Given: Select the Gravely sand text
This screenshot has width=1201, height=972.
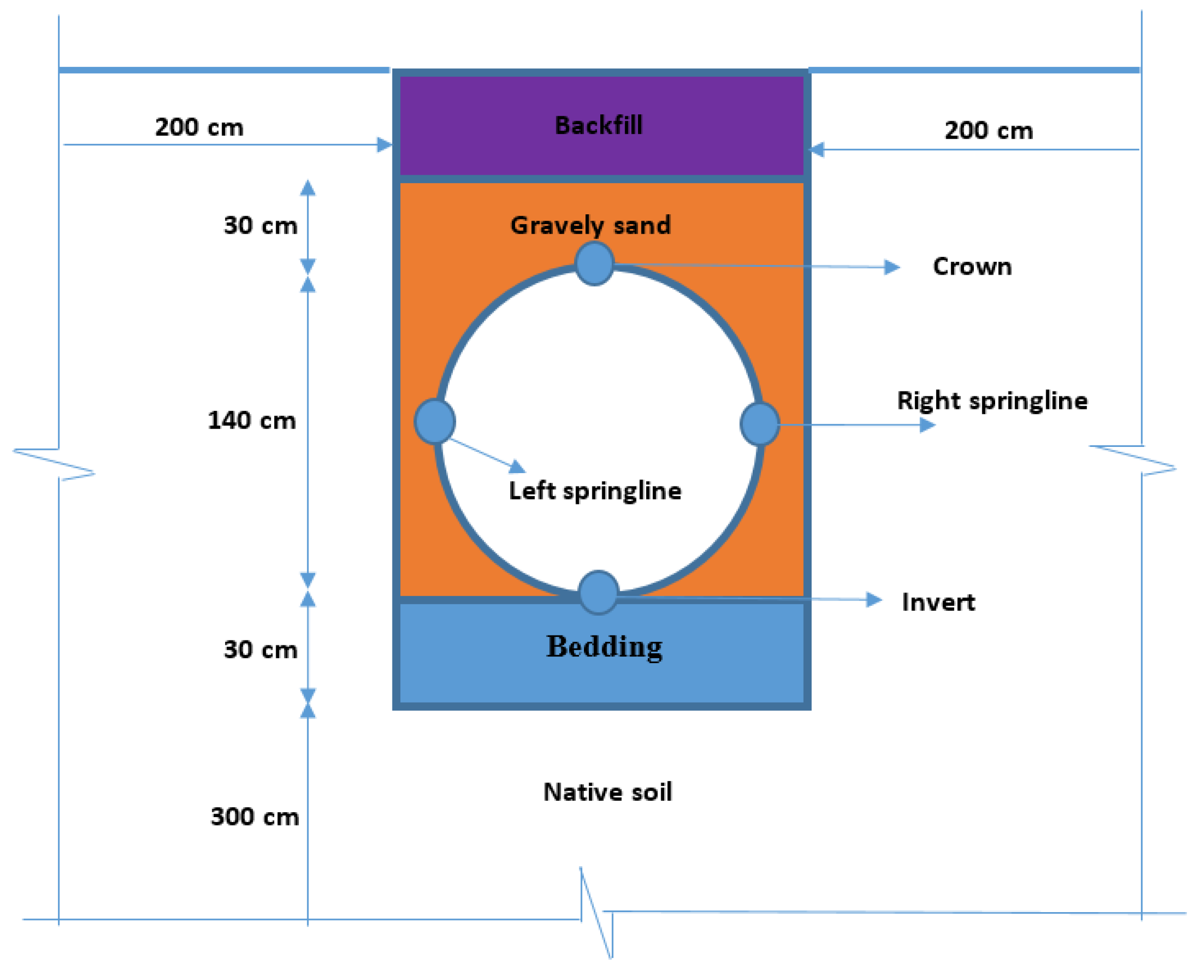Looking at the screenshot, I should point(590,225).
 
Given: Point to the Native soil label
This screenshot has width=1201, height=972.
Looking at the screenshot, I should point(608,792).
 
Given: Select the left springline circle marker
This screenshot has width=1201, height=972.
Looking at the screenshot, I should point(434,421).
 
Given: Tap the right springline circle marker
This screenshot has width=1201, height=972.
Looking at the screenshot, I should point(759,424).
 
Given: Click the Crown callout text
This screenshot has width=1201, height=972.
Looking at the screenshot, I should point(972,267).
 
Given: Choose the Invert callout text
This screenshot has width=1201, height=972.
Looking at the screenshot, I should point(938,602).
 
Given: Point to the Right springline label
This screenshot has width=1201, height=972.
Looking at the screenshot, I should point(992,401).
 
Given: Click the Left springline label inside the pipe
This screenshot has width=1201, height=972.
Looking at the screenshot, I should point(595,491).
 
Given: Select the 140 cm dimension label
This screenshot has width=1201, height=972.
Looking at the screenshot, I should point(251,421).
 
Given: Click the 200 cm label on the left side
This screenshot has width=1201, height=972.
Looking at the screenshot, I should point(199,127).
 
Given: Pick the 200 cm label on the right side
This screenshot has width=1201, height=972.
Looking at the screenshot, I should point(989,131).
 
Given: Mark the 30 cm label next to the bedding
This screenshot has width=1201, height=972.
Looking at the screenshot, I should point(260,649).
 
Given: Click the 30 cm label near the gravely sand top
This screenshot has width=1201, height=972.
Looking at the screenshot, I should point(260,225).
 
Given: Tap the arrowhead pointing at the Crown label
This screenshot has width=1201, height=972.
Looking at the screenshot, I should point(891,267).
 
